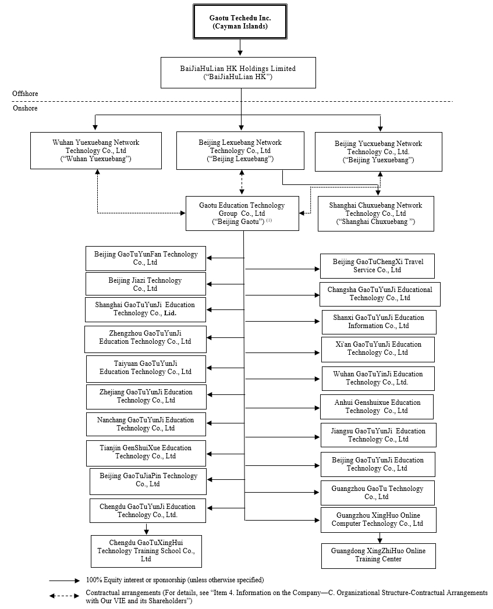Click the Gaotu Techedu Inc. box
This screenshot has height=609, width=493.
pyautogui.click(x=240, y=22)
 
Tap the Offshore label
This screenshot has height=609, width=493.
pyautogui.click(x=25, y=94)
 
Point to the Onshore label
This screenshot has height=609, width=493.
pyautogui.click(x=25, y=108)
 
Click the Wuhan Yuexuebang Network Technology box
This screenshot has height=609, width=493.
pyautogui.click(x=96, y=151)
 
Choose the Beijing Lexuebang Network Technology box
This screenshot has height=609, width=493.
pyautogui.click(x=240, y=151)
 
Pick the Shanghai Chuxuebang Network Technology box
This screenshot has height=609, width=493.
pyautogui.click(x=375, y=213)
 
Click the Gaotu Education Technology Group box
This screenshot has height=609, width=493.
pyautogui.click(x=242, y=213)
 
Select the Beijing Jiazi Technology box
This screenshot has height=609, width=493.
pyautogui.click(x=145, y=284)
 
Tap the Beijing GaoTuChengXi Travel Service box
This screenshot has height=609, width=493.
pyautogui.click(x=378, y=266)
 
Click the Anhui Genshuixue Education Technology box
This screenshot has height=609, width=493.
pyautogui.click(x=377, y=407)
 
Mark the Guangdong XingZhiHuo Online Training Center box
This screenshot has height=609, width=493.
pyautogui.click(x=378, y=555)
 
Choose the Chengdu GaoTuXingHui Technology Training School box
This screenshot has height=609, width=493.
pyautogui.click(x=146, y=551)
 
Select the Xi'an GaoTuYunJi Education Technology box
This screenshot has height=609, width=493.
pyautogui.click(x=378, y=348)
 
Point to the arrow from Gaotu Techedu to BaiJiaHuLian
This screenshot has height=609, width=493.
pyautogui.click(x=240, y=48)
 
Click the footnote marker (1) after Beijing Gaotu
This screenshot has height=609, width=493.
pyautogui.click(x=269, y=220)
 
